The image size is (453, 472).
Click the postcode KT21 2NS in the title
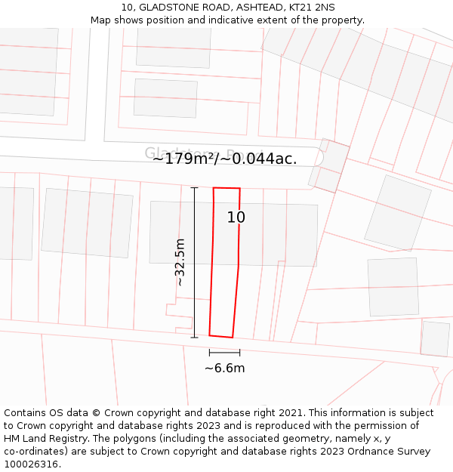(313, 8)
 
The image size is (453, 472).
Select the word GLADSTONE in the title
(165, 8)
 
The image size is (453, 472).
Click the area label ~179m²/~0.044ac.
(224, 159)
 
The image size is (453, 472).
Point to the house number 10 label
(236, 217)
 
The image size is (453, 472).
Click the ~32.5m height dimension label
(180, 262)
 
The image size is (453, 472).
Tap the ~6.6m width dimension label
(224, 369)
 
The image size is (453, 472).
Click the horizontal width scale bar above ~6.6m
(224, 353)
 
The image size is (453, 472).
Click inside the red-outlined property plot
(225, 264)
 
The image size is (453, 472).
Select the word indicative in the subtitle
(236, 20)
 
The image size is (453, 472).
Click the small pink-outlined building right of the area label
(329, 165)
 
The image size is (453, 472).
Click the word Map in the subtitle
(101, 20)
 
